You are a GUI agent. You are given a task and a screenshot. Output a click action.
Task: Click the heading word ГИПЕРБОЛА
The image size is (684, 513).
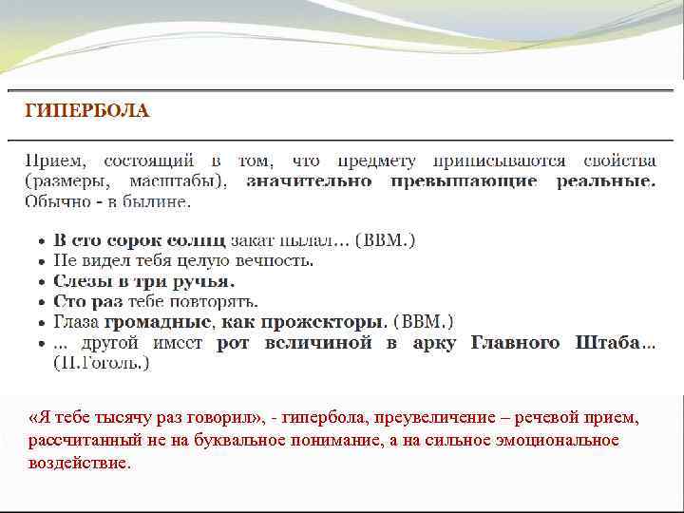pyautogui.click(x=86, y=110)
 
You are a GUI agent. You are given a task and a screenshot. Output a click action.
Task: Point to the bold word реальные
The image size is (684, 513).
pyautogui.click(x=605, y=180)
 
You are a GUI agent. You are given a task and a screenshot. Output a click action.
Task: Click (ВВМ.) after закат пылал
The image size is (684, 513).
pyautogui.click(x=385, y=240)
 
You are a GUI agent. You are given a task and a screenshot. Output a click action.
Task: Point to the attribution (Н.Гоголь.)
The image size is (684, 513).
pyautogui.click(x=102, y=362)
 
